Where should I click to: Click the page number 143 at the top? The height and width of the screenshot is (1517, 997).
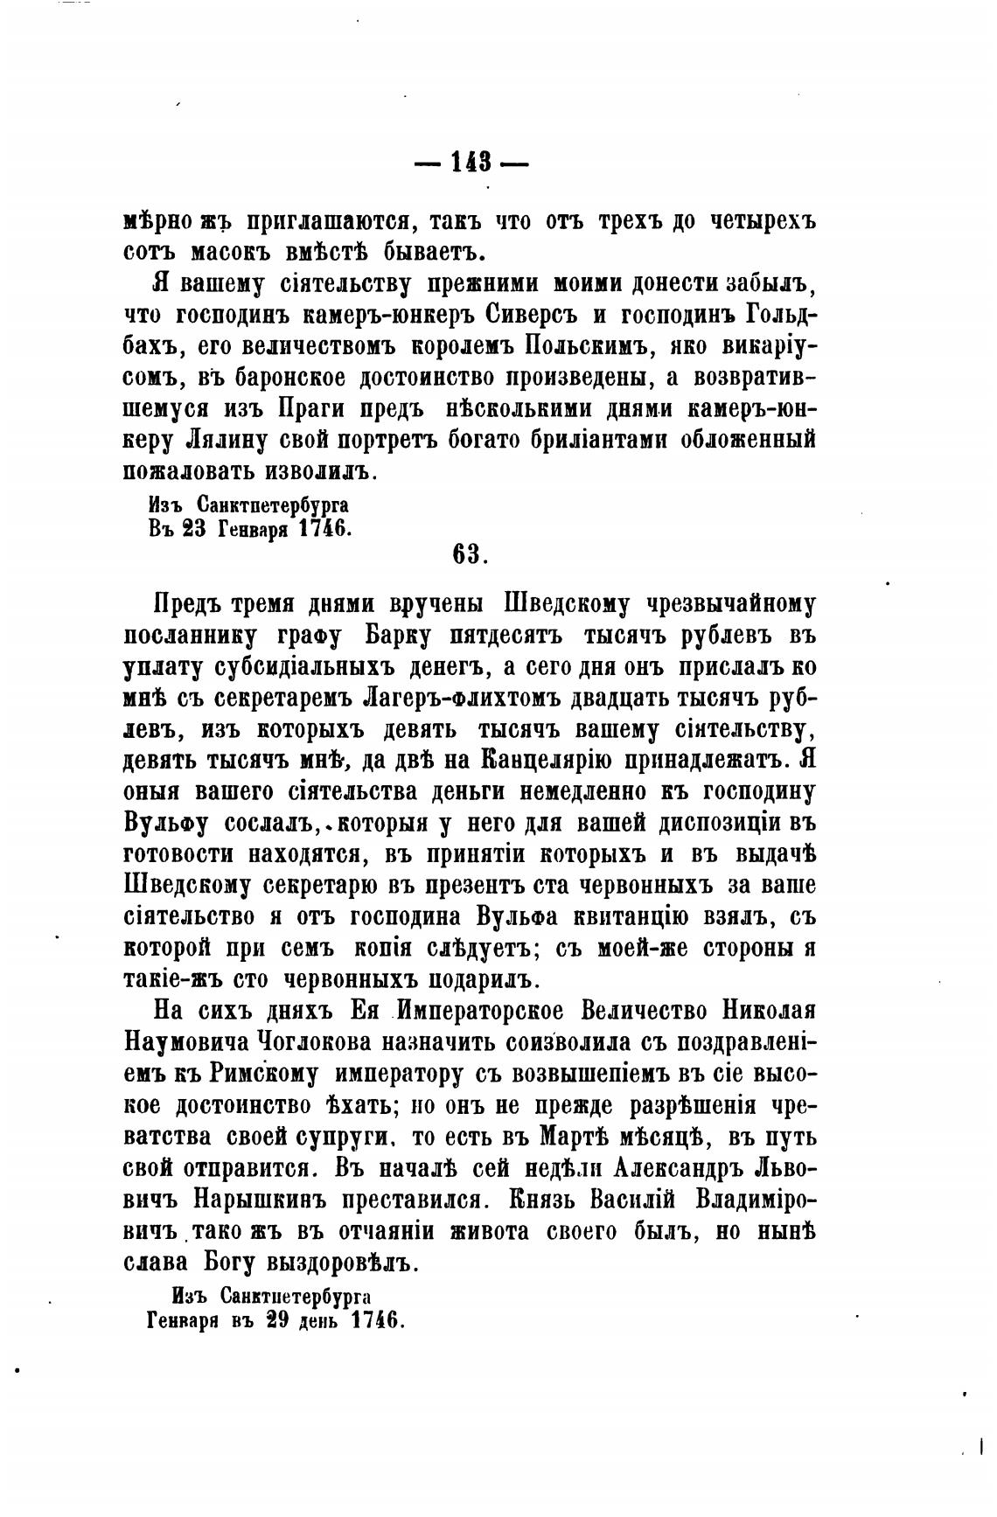coord(471,163)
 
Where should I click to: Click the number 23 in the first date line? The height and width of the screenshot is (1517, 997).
coord(194,528)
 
